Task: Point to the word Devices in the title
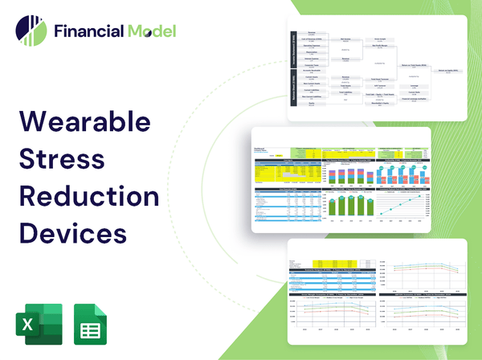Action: point(71,233)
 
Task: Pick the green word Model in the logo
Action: point(149,31)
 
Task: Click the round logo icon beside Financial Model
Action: point(31,31)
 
